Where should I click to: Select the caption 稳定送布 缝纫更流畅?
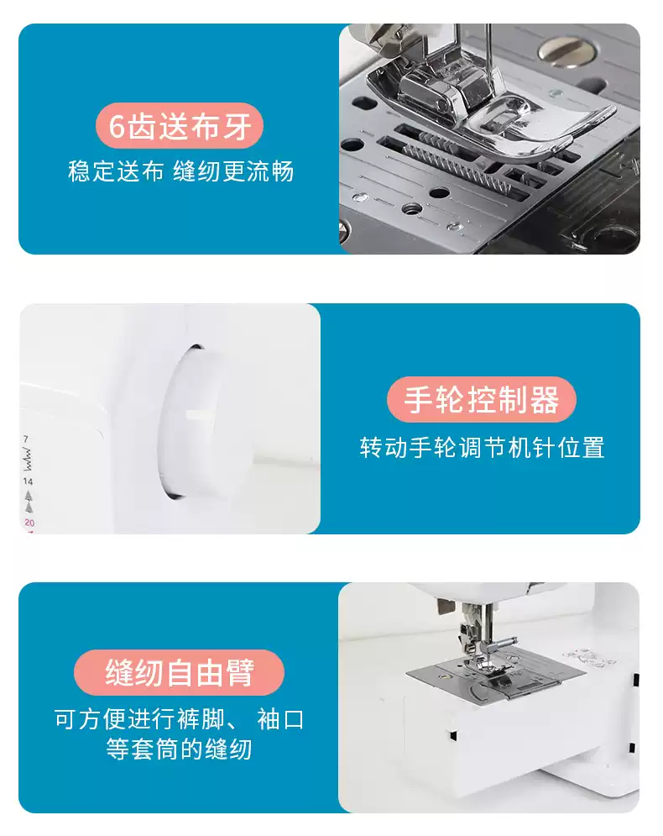(x=180, y=171)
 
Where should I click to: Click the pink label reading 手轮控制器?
(x=481, y=400)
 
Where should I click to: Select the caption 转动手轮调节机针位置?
(x=482, y=446)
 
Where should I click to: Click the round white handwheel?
(x=197, y=420)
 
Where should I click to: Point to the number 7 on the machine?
(x=26, y=440)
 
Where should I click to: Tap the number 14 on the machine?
(x=29, y=481)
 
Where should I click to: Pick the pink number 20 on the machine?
(x=29, y=523)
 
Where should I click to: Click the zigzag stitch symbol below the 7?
(x=28, y=460)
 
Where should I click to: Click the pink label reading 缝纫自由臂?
(x=179, y=672)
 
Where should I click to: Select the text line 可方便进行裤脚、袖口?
(x=179, y=719)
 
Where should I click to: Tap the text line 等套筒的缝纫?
(x=179, y=748)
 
